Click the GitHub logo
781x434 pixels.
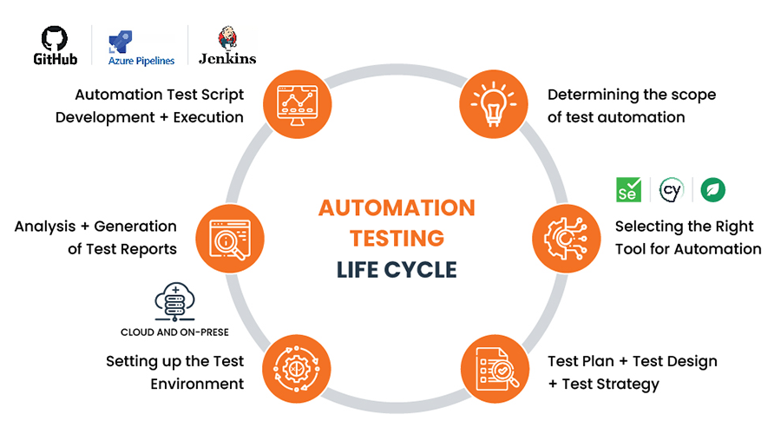click(55, 45)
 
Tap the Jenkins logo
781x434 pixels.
click(226, 46)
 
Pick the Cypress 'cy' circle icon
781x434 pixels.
click(672, 189)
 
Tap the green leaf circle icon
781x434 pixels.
click(713, 189)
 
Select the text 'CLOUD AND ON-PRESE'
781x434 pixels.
click(174, 332)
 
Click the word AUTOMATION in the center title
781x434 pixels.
click(397, 208)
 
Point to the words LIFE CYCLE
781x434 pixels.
click(397, 269)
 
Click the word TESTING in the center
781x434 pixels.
click(397, 239)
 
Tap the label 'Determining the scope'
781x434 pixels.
click(631, 95)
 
